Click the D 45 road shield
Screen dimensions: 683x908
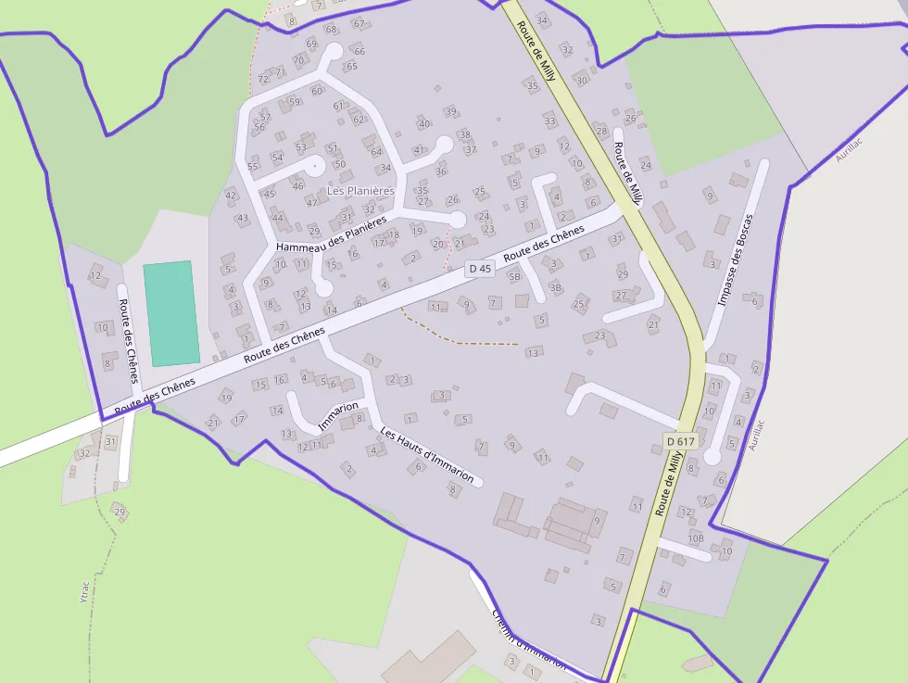[479, 269]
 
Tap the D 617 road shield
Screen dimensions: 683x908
[680, 442]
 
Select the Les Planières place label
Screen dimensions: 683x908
[360, 191]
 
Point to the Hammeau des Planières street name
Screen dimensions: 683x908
[331, 235]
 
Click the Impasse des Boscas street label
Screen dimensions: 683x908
[736, 260]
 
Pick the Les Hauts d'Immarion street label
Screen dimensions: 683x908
[428, 455]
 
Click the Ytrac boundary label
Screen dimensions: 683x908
[84, 589]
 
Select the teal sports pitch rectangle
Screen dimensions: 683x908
[171, 312]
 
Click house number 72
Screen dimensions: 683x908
[263, 80]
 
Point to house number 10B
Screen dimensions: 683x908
[696, 538]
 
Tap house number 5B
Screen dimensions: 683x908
[514, 276]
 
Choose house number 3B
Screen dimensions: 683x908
[556, 288]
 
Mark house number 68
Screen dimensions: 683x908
[331, 30]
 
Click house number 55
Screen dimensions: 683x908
[253, 167]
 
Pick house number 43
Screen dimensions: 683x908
[243, 219]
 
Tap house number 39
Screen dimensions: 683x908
[450, 112]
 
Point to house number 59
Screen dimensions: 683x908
[295, 103]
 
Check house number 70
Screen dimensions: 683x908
[298, 61]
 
